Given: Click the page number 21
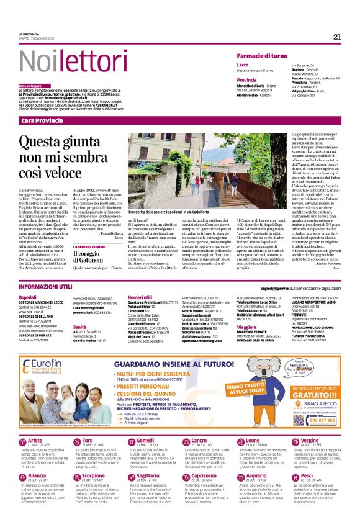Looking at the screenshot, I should (x=337, y=37).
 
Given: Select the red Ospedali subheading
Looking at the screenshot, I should (x=28, y=298).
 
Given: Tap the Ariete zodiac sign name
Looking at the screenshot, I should (x=35, y=440).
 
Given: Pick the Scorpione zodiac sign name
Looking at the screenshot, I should (x=94, y=475).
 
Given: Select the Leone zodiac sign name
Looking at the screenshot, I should (x=251, y=440).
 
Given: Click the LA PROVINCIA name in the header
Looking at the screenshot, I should (x=29, y=34).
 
